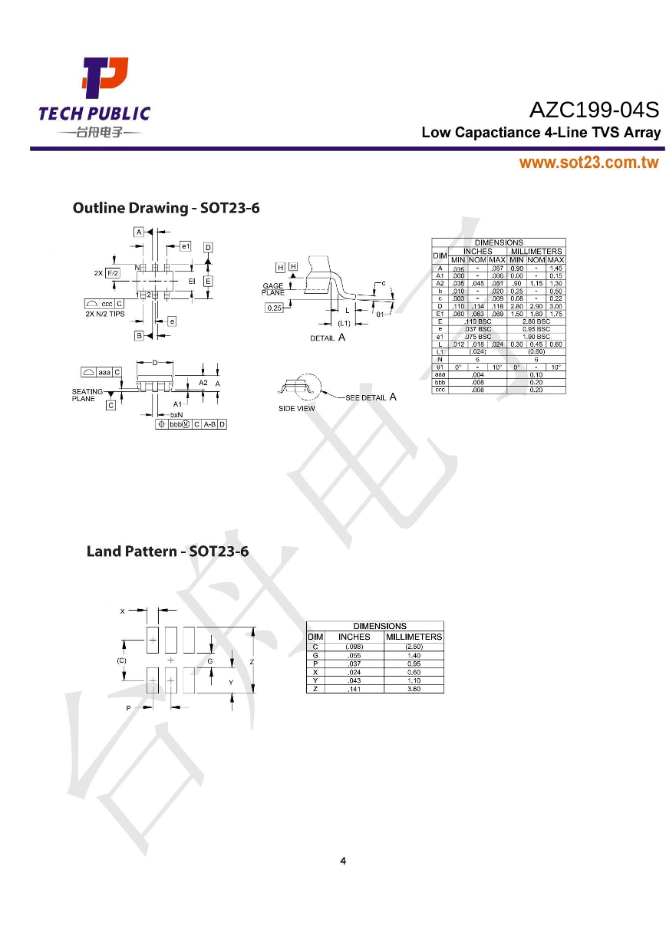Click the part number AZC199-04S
[594, 110]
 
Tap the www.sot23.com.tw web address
[589, 163]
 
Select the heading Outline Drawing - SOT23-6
[166, 208]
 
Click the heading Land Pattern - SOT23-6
[167, 551]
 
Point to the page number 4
[343, 861]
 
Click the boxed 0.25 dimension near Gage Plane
[274, 308]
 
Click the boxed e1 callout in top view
[185, 246]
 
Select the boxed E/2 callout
[112, 273]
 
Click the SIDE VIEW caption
[296, 408]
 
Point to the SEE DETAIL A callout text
[371, 397]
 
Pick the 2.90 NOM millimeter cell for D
[536, 306]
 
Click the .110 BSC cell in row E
[478, 321]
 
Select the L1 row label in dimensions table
[440, 351]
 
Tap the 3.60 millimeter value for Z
[414, 689]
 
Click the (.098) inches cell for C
[354, 646]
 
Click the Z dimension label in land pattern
[252, 660]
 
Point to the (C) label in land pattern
[121, 660]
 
